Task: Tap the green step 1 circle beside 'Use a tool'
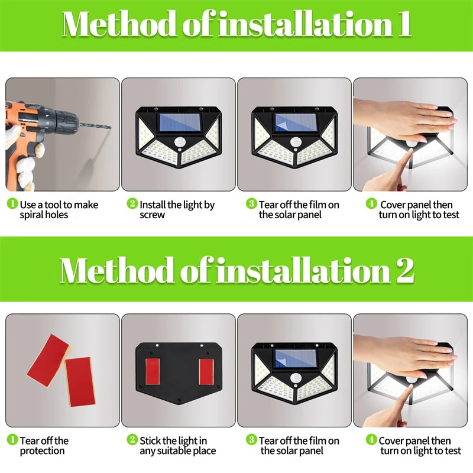(12, 204)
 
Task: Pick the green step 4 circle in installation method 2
(371, 440)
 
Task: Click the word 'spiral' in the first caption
(35, 215)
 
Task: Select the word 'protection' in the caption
(43, 451)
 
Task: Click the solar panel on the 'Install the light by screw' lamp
(179, 123)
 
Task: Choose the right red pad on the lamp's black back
(206, 371)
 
